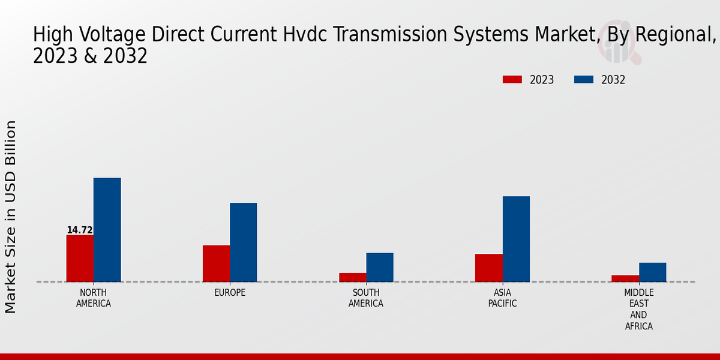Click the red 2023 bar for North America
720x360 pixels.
80,259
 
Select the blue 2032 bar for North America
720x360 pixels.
107,230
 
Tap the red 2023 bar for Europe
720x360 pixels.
217,263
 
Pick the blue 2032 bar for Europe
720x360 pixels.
244,242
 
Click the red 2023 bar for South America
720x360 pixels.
353,277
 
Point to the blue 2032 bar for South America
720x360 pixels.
380,268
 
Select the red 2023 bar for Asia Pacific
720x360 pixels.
489,268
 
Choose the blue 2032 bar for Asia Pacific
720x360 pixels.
516,239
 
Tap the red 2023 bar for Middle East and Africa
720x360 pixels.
625,278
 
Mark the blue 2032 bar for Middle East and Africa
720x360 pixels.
653,272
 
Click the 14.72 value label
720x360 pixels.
80,230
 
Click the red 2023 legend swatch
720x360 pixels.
512,79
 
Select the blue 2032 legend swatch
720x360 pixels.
584,79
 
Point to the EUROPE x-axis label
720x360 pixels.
230,293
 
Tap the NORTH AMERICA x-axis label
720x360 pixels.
94,298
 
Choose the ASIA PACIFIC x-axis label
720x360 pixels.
502,298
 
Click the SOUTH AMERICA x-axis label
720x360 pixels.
366,298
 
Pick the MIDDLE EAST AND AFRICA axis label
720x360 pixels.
638,309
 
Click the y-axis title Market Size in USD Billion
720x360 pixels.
10,217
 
